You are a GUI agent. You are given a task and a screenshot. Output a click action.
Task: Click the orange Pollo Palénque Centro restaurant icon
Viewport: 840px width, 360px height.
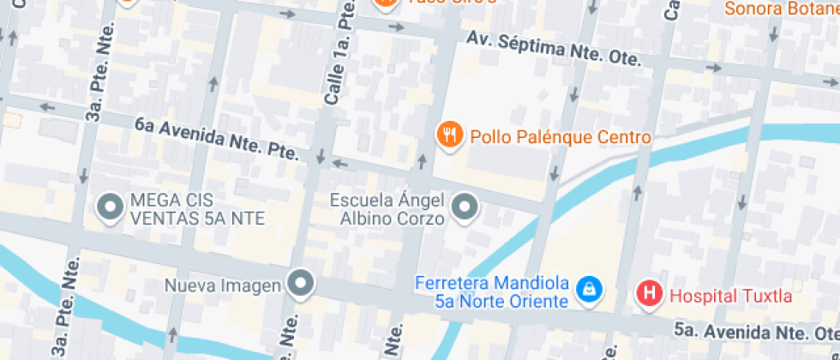pyautogui.click(x=450, y=135)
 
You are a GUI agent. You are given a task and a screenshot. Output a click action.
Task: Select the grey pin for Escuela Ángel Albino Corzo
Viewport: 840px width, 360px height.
pyautogui.click(x=465, y=207)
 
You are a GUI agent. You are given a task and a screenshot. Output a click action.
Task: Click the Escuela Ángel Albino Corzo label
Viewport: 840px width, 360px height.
pyautogui.click(x=387, y=209)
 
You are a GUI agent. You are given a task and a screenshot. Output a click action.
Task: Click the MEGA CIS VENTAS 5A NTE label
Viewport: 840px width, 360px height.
pyautogui.click(x=197, y=209)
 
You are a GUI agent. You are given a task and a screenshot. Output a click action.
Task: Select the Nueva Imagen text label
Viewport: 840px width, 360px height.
pyautogui.click(x=225, y=285)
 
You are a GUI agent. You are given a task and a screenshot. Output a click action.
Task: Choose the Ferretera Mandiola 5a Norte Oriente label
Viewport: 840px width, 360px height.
pyautogui.click(x=492, y=291)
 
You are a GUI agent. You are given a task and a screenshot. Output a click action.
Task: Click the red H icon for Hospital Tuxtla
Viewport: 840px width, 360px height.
pyautogui.click(x=650, y=294)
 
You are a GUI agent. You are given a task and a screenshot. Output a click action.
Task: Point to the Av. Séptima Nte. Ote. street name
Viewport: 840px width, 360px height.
pyautogui.click(x=555, y=49)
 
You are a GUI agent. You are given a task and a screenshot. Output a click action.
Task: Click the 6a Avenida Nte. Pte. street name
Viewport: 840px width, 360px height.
pyautogui.click(x=216, y=139)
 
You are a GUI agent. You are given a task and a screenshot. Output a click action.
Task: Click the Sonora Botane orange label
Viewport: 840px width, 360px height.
pyautogui.click(x=781, y=9)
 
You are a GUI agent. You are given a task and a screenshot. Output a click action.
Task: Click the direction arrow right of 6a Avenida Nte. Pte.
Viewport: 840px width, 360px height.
pyautogui.click(x=340, y=163)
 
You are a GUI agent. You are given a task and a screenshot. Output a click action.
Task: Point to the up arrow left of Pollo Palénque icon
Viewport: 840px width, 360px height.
pyautogui.click(x=422, y=160)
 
